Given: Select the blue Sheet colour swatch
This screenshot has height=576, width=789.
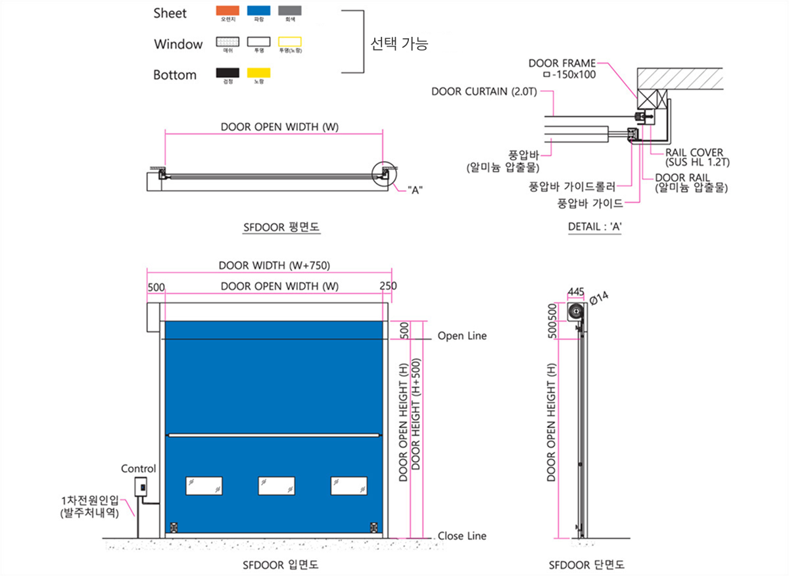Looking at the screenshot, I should pos(258,11).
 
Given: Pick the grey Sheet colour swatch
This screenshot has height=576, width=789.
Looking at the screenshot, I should pos(290,11).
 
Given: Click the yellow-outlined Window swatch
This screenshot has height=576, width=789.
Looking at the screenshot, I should pos(290,42).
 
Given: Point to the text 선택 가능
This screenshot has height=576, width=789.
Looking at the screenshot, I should pos(399,45).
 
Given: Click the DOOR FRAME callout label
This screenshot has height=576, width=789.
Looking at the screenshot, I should pos(562,64).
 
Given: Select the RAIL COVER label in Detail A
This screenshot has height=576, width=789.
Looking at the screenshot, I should pos(694,153).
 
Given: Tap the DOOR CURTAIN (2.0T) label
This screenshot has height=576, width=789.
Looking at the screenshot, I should pos(484,91).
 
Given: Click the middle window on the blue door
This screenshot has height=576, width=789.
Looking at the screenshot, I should pos(276,485).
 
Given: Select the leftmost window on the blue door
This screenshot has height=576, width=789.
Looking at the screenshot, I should pos(204,485).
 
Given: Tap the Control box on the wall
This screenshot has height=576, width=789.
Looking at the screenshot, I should pos(140,487).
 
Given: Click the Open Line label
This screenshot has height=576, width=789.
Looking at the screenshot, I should pos(462,336).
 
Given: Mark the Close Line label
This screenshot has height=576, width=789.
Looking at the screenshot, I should pos(462,536).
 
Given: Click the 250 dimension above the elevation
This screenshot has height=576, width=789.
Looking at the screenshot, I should pos(388,286).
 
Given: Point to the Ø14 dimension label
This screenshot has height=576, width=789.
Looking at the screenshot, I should pos(600,298).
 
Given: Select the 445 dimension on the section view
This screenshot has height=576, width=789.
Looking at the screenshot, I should pos(576,291).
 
